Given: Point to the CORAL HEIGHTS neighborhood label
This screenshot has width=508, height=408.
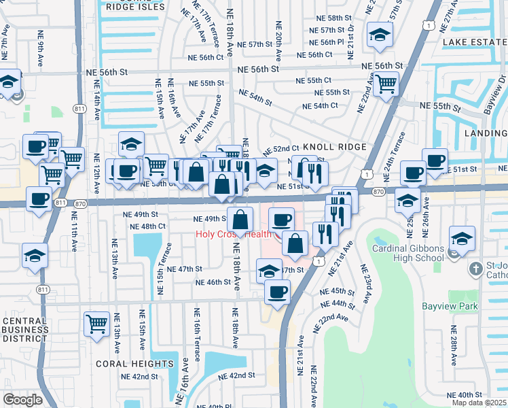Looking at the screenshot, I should pos(134,364).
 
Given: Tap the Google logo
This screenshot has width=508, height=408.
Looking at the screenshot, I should pos(22,400).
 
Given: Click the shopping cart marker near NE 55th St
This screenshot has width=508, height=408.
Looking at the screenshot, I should pos(386,84).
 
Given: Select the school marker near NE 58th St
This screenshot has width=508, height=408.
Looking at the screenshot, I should pos(380,33).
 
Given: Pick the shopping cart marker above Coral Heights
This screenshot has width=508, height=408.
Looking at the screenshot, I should pos(97,323).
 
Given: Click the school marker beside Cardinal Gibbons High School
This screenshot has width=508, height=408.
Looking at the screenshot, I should pos(462,239).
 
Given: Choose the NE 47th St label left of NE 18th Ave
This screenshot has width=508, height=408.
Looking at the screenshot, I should pos(180,269).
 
